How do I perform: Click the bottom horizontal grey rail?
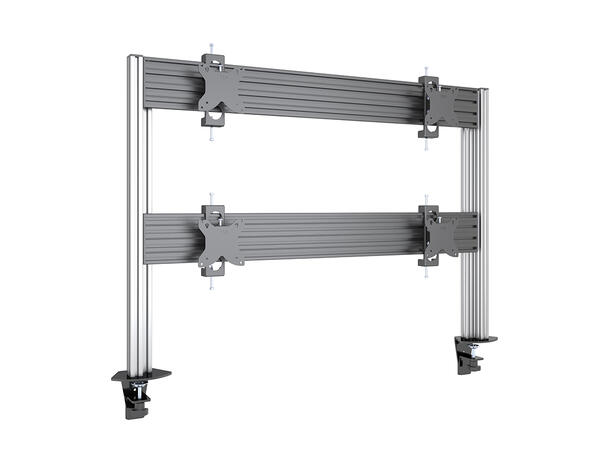[320, 241]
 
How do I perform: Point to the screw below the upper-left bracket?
[210, 139]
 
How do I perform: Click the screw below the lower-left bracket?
[211, 287]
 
